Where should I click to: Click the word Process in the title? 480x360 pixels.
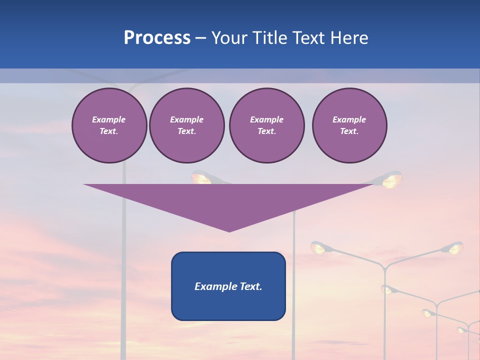pyautogui.click(x=157, y=38)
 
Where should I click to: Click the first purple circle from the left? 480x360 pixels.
pyautogui.click(x=109, y=125)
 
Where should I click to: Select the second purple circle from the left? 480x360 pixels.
pyautogui.click(x=186, y=125)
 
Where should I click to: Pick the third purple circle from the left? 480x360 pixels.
pyautogui.click(x=266, y=125)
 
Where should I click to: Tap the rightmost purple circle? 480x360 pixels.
pyautogui.click(x=349, y=125)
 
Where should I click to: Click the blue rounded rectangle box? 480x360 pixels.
pyautogui.click(x=228, y=286)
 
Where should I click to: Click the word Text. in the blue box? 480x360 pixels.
pyautogui.click(x=250, y=286)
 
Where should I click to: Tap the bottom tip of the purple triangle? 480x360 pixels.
pyautogui.click(x=229, y=230)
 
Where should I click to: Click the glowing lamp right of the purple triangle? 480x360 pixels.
pyautogui.click(x=392, y=180)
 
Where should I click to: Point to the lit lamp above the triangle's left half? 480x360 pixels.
pyautogui.click(x=201, y=177)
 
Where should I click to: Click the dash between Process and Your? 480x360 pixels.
pyautogui.click(x=200, y=38)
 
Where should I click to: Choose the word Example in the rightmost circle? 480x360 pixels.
pyautogui.click(x=349, y=119)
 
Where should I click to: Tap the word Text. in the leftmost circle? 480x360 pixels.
pyautogui.click(x=109, y=131)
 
